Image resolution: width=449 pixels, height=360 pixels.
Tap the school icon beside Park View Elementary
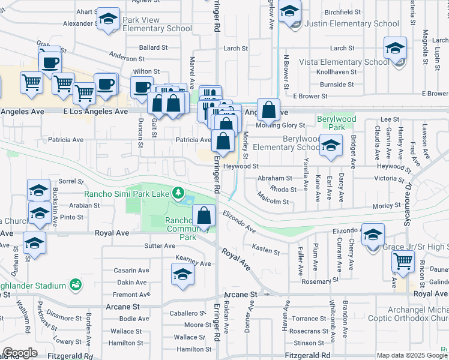[x=108, y=19]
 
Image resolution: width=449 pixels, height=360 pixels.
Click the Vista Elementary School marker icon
[x=396, y=49]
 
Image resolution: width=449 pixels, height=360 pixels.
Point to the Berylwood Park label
[x=337, y=123]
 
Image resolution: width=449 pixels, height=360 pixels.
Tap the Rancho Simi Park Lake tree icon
[x=178, y=193]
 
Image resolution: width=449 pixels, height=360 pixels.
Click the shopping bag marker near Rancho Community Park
[x=204, y=216]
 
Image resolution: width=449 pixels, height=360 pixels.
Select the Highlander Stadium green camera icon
[x=75, y=283]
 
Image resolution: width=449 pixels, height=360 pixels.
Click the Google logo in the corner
[x=20, y=353]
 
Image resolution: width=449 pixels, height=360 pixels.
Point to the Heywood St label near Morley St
[x=240, y=166]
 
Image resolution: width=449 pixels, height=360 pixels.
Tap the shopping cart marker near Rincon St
[x=403, y=262]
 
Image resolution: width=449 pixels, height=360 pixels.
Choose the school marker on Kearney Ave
[x=182, y=275]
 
